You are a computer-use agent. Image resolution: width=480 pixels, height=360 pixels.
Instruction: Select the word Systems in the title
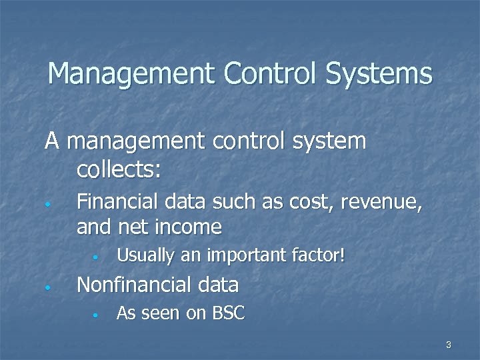pos(379,73)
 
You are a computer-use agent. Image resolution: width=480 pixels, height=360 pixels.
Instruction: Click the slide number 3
pos(449,345)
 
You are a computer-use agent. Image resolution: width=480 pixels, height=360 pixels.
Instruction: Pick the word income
pos(188,227)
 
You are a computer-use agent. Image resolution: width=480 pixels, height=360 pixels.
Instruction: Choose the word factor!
pos(319,255)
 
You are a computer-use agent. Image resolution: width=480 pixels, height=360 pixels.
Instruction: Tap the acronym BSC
pos(229,313)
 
